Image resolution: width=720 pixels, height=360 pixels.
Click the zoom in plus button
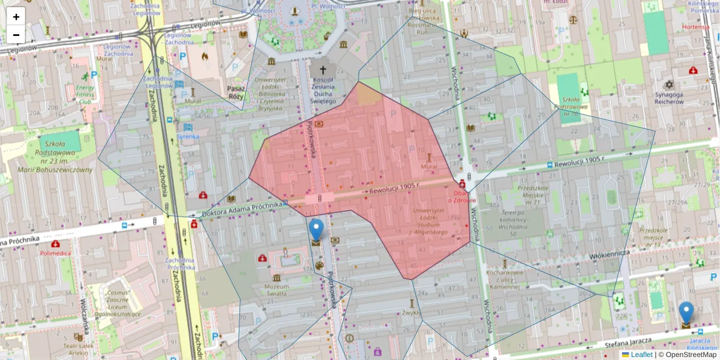(16, 17)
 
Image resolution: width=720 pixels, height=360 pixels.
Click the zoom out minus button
(16, 35)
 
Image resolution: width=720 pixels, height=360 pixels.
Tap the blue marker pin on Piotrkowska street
(316, 231)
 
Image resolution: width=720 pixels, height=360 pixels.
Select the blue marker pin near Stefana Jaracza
(686, 313)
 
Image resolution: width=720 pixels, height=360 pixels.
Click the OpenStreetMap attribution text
(691, 355)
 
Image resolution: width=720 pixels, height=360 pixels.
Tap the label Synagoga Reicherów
(670, 98)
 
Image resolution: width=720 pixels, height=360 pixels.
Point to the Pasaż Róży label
(236, 92)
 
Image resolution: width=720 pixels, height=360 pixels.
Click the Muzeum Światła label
(277, 290)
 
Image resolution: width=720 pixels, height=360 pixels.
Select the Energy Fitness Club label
(85, 94)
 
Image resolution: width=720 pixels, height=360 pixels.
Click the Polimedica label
(55, 253)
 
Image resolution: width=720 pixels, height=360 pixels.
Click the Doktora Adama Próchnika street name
(243, 209)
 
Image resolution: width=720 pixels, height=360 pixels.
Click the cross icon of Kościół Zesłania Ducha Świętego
(323, 69)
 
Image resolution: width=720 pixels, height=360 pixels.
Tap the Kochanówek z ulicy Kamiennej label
(503, 283)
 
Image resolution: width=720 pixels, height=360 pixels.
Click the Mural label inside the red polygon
(429, 166)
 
